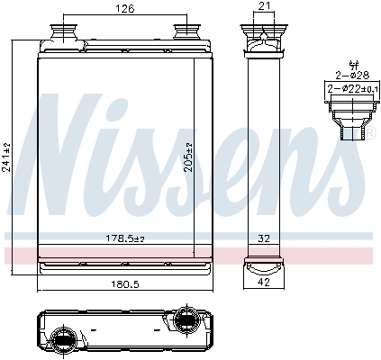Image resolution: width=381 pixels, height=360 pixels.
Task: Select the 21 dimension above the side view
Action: pyautogui.click(x=263, y=7)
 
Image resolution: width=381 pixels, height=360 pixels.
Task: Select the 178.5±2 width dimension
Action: pyautogui.click(x=123, y=238)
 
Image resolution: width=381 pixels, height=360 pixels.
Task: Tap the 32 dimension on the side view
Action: pyautogui.click(x=265, y=239)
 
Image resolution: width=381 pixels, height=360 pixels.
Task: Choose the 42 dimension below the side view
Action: pyautogui.click(x=263, y=281)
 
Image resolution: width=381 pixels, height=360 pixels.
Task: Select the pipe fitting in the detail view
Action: pyautogui.click(x=349, y=117)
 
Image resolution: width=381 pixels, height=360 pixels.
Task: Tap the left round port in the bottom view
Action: pyautogui.click(x=66, y=339)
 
